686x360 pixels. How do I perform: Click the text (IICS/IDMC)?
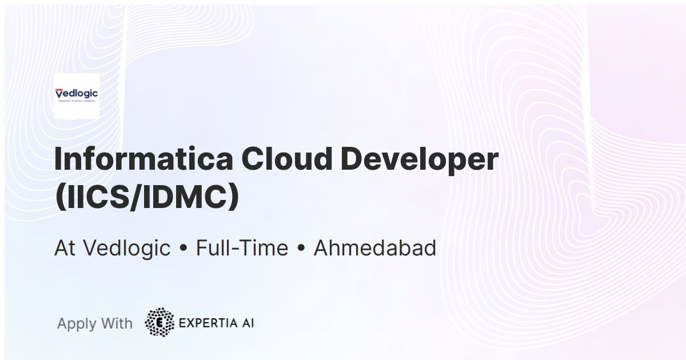pos(146,198)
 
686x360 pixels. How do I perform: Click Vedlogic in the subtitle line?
pos(127,248)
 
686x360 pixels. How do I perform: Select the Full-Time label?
pos(242,248)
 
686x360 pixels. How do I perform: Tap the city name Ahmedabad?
pos(375,248)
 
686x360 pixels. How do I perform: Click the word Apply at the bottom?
pos(77,324)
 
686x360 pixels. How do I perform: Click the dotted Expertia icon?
pos(159,323)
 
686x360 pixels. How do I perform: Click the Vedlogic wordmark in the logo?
pos(77,93)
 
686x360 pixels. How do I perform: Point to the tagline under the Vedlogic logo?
pos(76,101)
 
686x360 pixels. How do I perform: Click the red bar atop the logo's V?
pos(59,89)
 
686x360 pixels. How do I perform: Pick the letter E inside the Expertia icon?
pos(159,323)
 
